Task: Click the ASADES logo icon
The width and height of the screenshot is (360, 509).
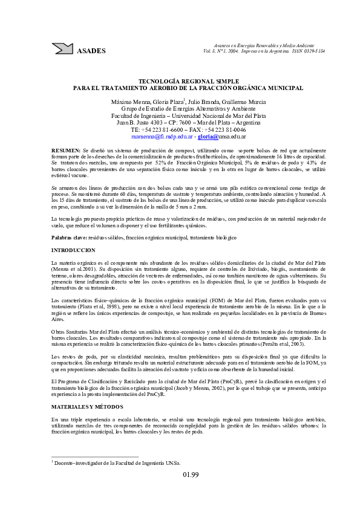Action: pyautogui.click(x=62, y=48)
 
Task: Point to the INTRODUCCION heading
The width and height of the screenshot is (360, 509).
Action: pyautogui.click(x=73, y=250)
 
